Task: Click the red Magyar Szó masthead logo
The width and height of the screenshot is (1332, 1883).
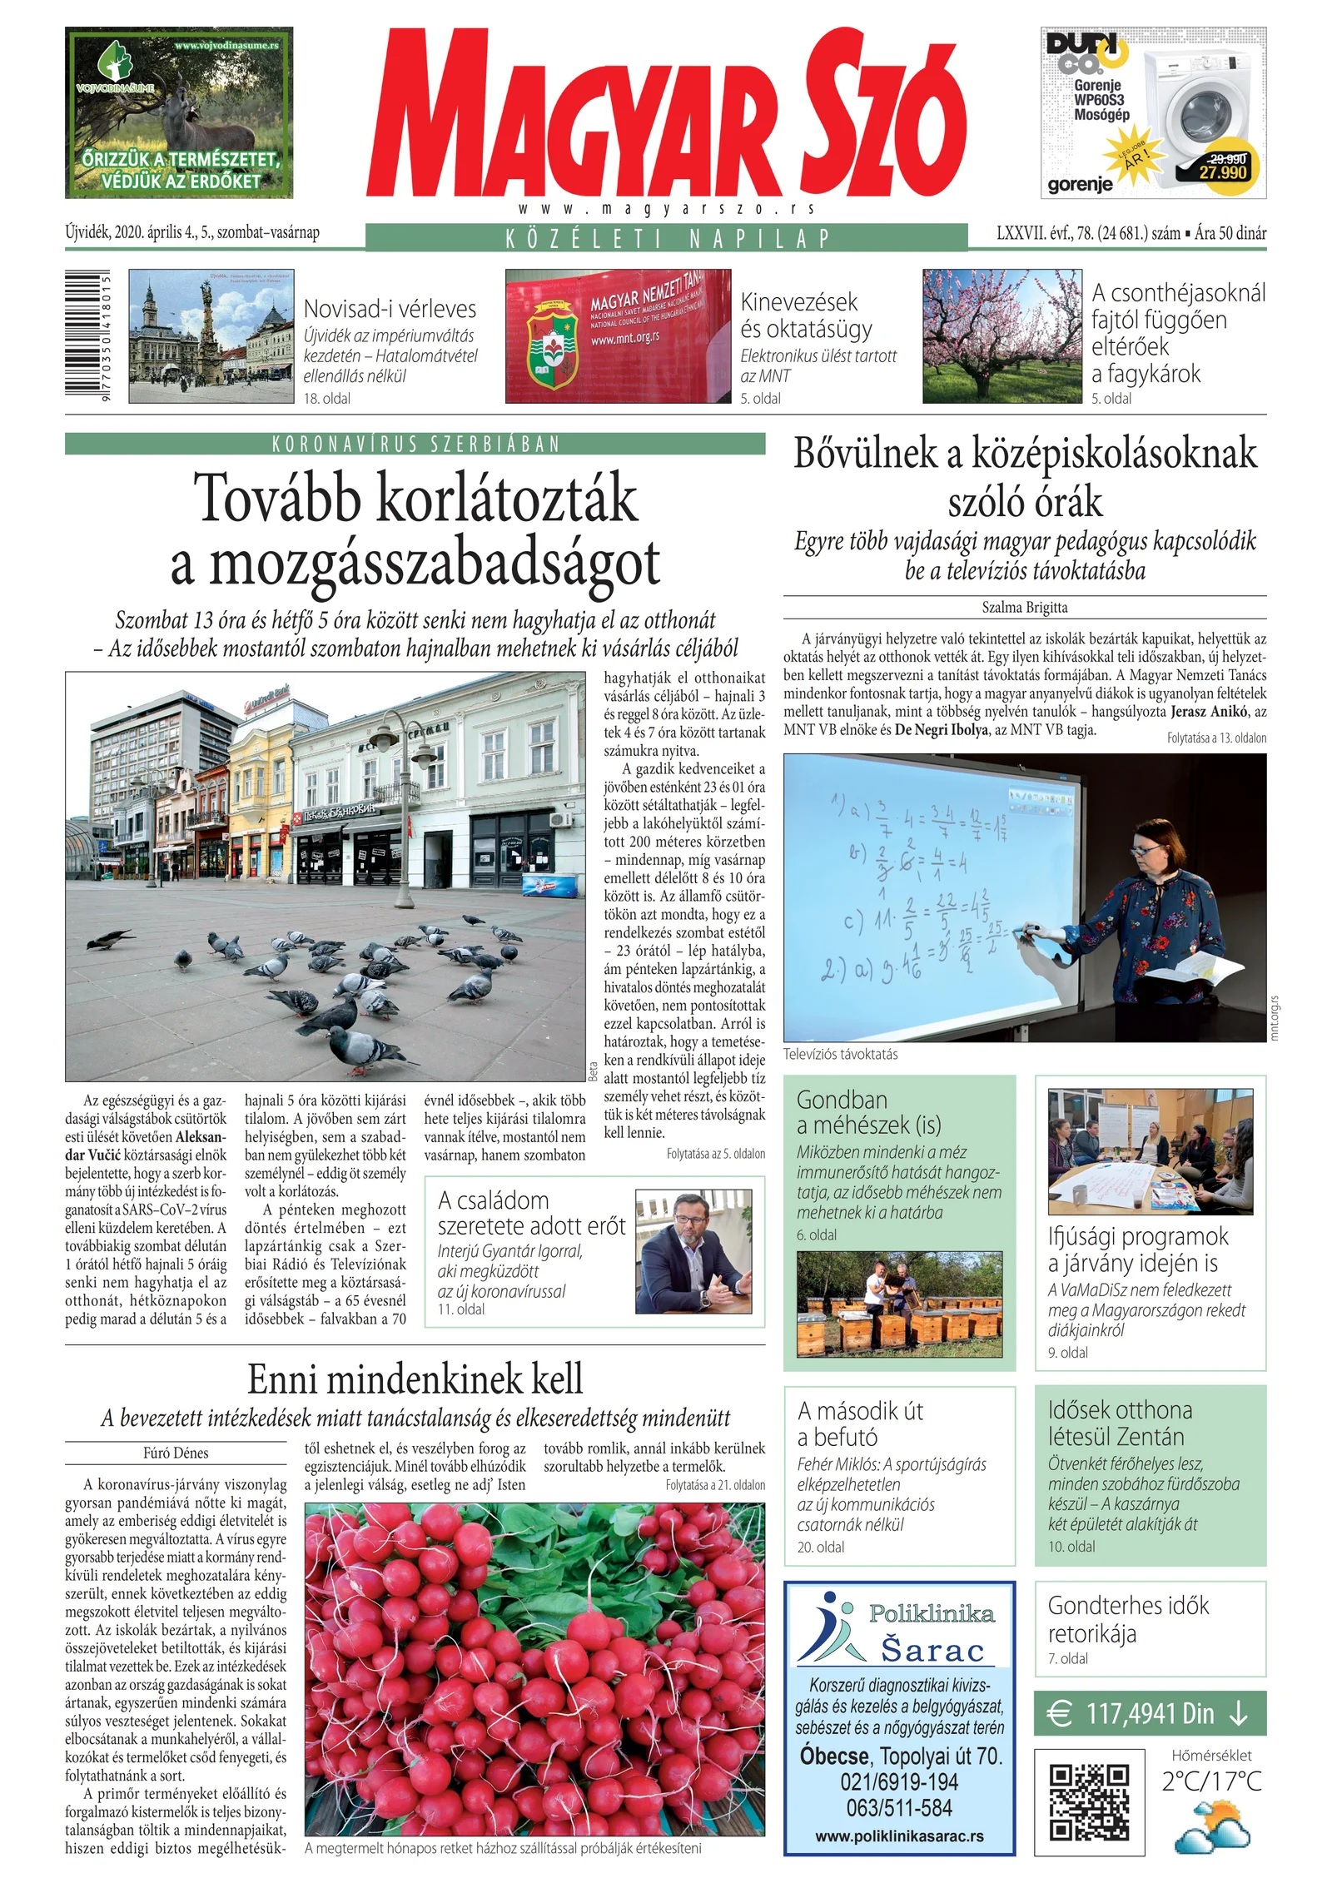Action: [666, 112]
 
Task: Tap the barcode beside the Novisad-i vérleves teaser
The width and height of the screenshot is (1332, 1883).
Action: [87, 336]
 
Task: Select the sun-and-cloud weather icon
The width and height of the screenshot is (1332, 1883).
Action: [1211, 1825]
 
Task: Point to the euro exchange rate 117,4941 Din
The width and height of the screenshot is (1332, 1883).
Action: [1150, 1714]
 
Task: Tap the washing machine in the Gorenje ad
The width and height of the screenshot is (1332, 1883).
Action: [1199, 117]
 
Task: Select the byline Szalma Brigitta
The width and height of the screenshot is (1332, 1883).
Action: [1024, 608]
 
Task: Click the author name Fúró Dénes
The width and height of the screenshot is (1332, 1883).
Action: [176, 1453]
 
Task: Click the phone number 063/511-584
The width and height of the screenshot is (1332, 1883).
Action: [899, 1807]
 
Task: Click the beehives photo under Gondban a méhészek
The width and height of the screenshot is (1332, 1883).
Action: [899, 1304]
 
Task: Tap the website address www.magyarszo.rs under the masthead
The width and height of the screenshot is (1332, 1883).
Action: [666, 209]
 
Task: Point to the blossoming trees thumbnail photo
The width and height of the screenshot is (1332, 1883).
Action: [1002, 336]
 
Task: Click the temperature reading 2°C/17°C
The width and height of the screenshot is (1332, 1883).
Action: [1211, 1781]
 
